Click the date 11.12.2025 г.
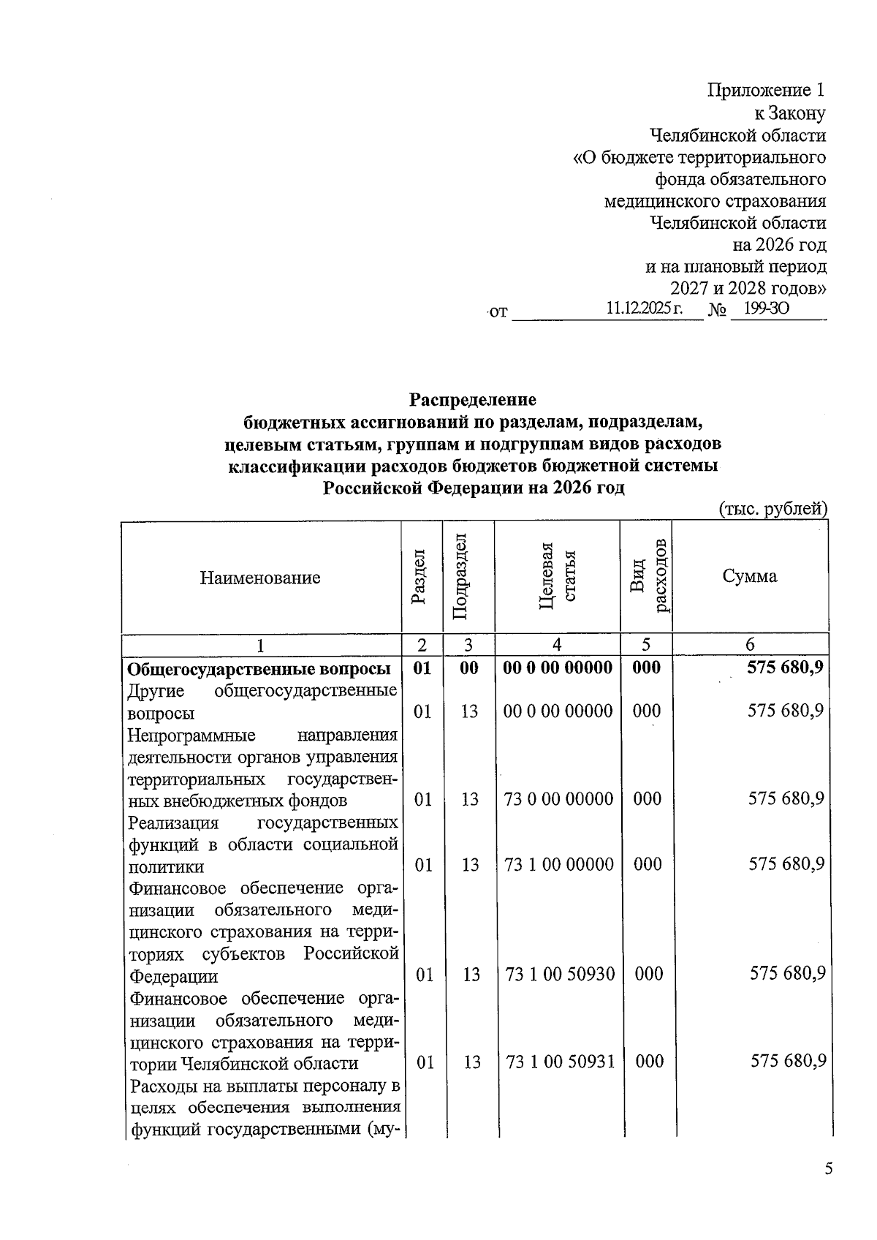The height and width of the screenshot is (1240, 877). (x=644, y=310)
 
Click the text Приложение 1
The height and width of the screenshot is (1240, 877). (x=766, y=91)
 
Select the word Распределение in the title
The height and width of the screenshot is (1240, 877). (x=472, y=400)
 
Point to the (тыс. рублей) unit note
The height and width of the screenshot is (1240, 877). (x=772, y=509)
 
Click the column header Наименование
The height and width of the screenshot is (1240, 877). (x=260, y=578)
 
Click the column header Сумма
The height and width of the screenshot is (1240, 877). (x=749, y=576)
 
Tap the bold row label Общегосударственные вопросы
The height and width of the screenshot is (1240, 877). (x=259, y=669)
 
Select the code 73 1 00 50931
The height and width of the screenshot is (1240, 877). (x=560, y=1062)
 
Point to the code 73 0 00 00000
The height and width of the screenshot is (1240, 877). (x=558, y=799)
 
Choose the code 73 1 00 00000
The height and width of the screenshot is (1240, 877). (x=558, y=865)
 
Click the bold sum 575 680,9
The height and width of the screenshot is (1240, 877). (x=786, y=667)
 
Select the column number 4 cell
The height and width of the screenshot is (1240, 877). (x=557, y=644)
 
